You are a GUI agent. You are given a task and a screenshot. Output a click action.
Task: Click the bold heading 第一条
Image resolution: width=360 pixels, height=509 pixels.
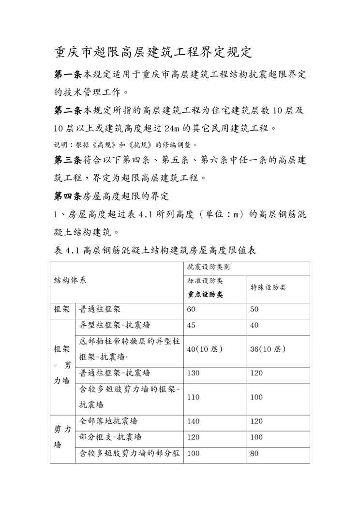(x=68, y=75)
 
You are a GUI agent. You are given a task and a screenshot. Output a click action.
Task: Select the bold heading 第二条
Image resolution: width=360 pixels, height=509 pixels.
(x=68, y=110)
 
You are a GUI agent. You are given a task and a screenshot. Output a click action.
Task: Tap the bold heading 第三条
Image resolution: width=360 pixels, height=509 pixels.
(x=68, y=159)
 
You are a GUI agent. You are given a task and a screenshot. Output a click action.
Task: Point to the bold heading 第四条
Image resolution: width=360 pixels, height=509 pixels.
(x=68, y=196)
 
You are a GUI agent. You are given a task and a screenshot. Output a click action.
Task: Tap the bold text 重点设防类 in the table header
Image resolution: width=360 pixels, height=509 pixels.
(x=205, y=295)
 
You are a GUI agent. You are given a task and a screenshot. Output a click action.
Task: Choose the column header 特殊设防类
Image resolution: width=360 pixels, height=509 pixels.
(x=268, y=287)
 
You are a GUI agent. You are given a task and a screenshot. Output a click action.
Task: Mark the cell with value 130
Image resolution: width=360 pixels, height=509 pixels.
(x=193, y=373)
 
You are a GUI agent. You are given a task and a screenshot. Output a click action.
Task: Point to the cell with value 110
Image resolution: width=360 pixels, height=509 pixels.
(x=193, y=397)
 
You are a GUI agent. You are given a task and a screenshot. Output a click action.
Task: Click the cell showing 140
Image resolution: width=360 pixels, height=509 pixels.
(x=193, y=421)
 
